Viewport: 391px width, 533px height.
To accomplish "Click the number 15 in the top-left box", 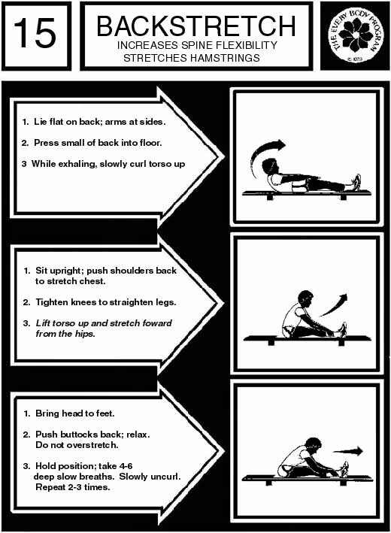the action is click(35, 32).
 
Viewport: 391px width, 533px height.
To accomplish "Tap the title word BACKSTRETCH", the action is click(196, 26).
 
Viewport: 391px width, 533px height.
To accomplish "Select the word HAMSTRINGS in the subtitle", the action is click(225, 58).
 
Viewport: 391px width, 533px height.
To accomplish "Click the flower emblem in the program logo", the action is click(355, 35).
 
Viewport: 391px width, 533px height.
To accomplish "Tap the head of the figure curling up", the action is click(271, 167).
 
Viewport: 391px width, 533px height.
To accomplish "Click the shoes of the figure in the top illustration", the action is click(356, 183).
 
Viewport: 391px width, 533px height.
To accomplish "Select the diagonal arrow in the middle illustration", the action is click(334, 305).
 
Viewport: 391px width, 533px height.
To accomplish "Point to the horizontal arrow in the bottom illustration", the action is click(348, 451).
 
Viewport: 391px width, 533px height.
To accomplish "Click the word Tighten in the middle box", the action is click(52, 302).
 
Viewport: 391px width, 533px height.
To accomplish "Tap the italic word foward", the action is click(157, 323).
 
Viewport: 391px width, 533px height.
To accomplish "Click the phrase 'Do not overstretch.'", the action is click(77, 444).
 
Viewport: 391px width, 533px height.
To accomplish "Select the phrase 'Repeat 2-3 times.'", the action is click(73, 487).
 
